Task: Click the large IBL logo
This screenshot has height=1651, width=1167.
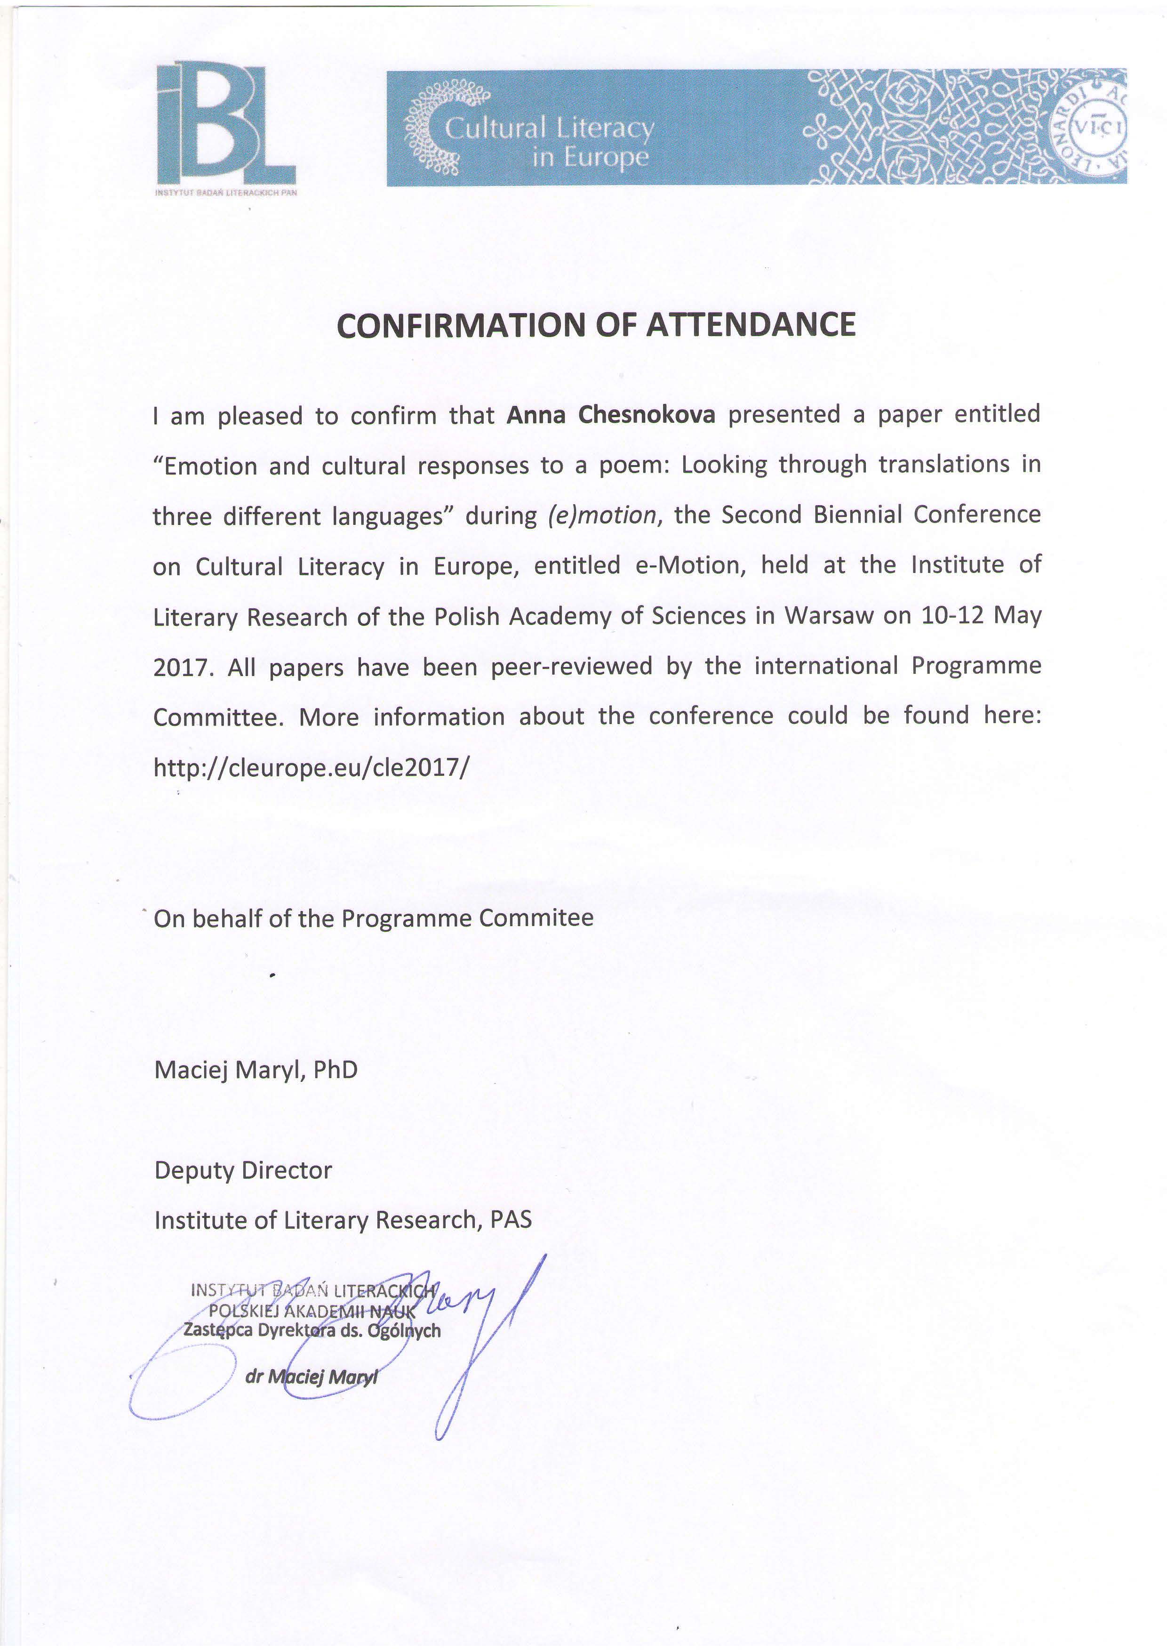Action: pyautogui.click(x=226, y=124)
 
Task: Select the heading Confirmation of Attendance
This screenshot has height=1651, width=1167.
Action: pyautogui.click(x=596, y=325)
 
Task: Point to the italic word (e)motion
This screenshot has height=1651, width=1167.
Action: pyautogui.click(x=602, y=515)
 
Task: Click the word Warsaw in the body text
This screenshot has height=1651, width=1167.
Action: pyautogui.click(x=829, y=616)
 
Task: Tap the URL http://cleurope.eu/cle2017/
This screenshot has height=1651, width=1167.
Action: pyautogui.click(x=311, y=768)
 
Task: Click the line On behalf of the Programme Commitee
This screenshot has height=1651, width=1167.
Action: pyautogui.click(x=374, y=918)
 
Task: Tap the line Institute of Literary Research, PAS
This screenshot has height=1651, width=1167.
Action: pyautogui.click(x=343, y=1220)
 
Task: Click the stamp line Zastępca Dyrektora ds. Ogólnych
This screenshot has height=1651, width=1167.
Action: pyautogui.click(x=312, y=1330)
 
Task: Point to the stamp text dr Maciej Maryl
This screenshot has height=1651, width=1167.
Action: pyautogui.click(x=311, y=1377)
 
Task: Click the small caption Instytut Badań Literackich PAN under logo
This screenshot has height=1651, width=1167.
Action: pyautogui.click(x=226, y=193)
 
